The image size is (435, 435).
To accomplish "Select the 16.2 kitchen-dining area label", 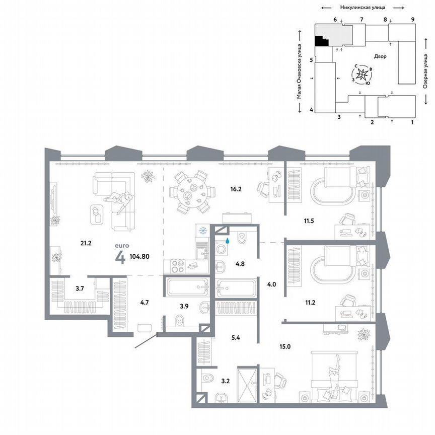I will pyautogui.click(x=223, y=190).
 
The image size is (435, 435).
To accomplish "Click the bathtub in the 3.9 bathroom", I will pyautogui.click(x=186, y=288).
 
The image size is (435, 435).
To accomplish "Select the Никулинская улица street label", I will pyautogui.click(x=362, y=8).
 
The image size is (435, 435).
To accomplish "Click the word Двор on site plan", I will pyautogui.click(x=380, y=56).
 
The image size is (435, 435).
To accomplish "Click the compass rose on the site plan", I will pyautogui.click(x=364, y=75).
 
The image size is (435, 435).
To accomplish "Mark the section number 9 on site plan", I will pyautogui.click(x=412, y=19).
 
